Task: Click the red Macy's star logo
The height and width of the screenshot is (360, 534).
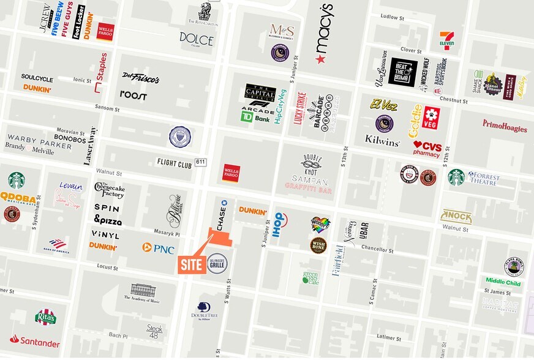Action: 320,59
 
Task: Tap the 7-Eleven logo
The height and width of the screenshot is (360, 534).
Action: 446,40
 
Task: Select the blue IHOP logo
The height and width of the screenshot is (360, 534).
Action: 279,220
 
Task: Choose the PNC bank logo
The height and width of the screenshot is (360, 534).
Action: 158,248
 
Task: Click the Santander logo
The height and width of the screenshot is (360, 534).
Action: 34,341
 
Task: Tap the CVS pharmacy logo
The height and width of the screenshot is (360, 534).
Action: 427,149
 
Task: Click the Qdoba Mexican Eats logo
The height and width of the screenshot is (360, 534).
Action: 18,197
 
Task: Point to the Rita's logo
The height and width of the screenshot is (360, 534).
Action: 45,317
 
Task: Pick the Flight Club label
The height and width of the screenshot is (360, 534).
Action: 174,163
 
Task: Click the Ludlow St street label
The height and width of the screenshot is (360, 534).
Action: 393,17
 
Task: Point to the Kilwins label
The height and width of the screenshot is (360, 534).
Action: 382,140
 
